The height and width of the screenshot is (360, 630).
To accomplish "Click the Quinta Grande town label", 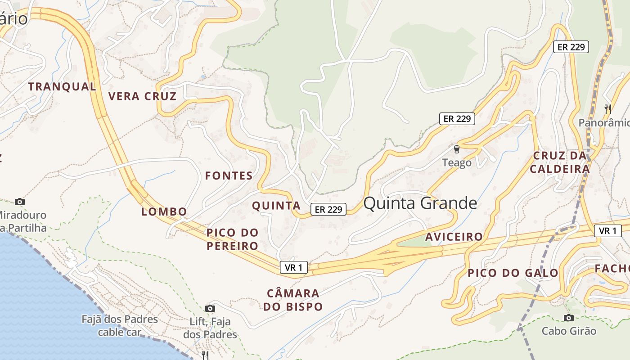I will click(x=420, y=203).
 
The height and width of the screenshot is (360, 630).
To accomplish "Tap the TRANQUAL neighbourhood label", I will click(x=62, y=86).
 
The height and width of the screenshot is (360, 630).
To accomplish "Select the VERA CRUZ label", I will click(x=142, y=96).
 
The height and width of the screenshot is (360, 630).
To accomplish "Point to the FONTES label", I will click(x=229, y=176).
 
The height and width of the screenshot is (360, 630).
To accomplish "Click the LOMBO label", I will click(x=164, y=211).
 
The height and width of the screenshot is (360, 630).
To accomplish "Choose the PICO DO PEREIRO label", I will click(x=232, y=239).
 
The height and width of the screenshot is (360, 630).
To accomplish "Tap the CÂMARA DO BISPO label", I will click(x=293, y=300).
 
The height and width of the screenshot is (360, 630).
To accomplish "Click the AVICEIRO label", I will click(x=454, y=237).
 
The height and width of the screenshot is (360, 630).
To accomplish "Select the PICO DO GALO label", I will click(x=513, y=273).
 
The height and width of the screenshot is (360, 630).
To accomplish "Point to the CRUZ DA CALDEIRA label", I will click(x=560, y=162).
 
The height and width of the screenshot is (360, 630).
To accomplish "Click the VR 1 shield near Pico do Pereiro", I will click(x=293, y=267).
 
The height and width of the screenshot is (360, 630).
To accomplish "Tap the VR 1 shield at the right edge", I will click(x=607, y=231).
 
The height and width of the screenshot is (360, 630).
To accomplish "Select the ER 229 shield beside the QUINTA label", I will click(x=328, y=209).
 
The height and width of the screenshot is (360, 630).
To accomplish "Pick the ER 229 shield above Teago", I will click(x=457, y=119).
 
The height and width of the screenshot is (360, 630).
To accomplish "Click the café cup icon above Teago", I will click(x=457, y=149).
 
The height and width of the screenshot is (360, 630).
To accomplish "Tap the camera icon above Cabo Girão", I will click(x=569, y=318).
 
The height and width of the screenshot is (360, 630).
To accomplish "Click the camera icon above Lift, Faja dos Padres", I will click(x=210, y=308).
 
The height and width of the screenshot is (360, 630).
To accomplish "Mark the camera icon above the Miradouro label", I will click(x=19, y=202).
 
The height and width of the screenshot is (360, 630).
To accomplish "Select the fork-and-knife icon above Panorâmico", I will click(x=607, y=109).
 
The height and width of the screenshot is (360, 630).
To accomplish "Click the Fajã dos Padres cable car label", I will click(x=120, y=326).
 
